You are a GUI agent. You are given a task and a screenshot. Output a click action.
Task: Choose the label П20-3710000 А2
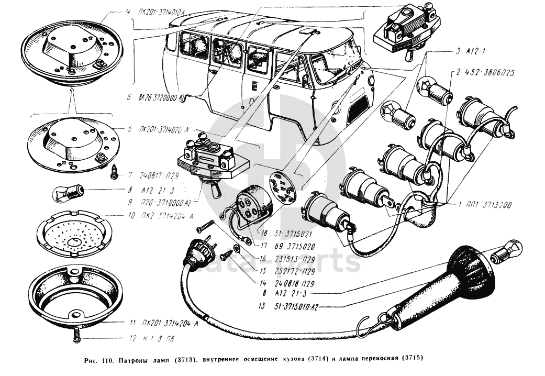point(163,201)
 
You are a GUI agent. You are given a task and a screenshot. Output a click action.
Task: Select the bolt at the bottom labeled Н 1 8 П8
point(77,334)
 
